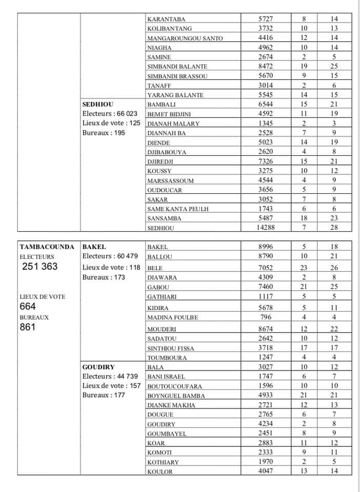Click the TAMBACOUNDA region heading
point(47,247)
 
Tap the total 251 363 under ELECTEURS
point(40,266)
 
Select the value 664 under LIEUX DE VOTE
point(28,306)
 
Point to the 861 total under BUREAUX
point(28,327)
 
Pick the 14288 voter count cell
point(266,228)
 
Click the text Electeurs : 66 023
point(110,113)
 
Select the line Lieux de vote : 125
point(111,123)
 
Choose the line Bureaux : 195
point(104,133)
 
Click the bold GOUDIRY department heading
point(98,367)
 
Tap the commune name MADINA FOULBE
point(172,318)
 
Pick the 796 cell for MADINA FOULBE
point(266,317)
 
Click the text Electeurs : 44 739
point(110,376)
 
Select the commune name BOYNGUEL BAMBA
point(176,396)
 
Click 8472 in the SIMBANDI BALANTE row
point(266,66)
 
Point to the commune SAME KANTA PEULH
point(177,209)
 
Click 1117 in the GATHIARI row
point(266,296)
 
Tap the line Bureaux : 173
point(104,277)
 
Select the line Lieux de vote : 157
point(111,385)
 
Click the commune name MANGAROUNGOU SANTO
point(185,38)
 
